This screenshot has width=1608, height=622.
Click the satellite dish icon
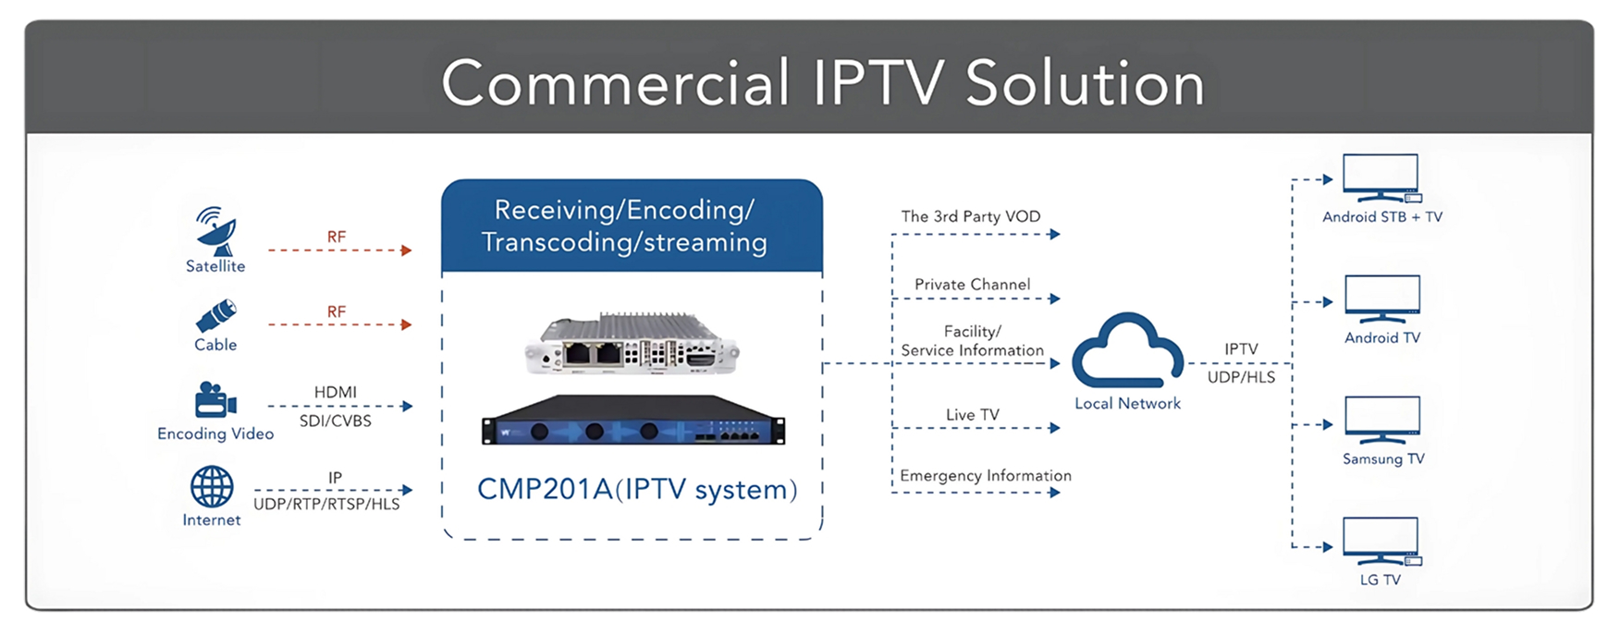click(216, 230)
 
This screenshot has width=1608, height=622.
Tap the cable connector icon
click(216, 315)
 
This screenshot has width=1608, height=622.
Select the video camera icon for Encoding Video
click(215, 400)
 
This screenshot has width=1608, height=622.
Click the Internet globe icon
click(212, 486)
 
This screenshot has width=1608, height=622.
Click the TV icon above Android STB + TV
click(1381, 177)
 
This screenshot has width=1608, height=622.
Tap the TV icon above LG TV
click(1381, 541)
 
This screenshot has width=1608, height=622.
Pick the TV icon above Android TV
click(1382, 299)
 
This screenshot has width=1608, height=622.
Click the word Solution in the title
click(1085, 83)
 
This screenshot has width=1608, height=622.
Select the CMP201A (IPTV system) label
click(637, 489)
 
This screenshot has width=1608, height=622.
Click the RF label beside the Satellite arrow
click(337, 237)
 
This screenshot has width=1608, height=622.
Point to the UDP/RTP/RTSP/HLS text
click(326, 505)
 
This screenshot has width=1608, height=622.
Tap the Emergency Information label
click(986, 475)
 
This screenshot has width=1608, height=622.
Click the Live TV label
click(973, 415)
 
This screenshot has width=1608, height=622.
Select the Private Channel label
click(972, 285)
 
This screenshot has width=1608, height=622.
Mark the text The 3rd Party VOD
click(971, 216)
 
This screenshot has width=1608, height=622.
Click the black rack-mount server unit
click(633, 421)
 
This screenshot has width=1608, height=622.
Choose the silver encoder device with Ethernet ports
click(632, 345)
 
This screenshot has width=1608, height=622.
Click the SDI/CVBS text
click(336, 421)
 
